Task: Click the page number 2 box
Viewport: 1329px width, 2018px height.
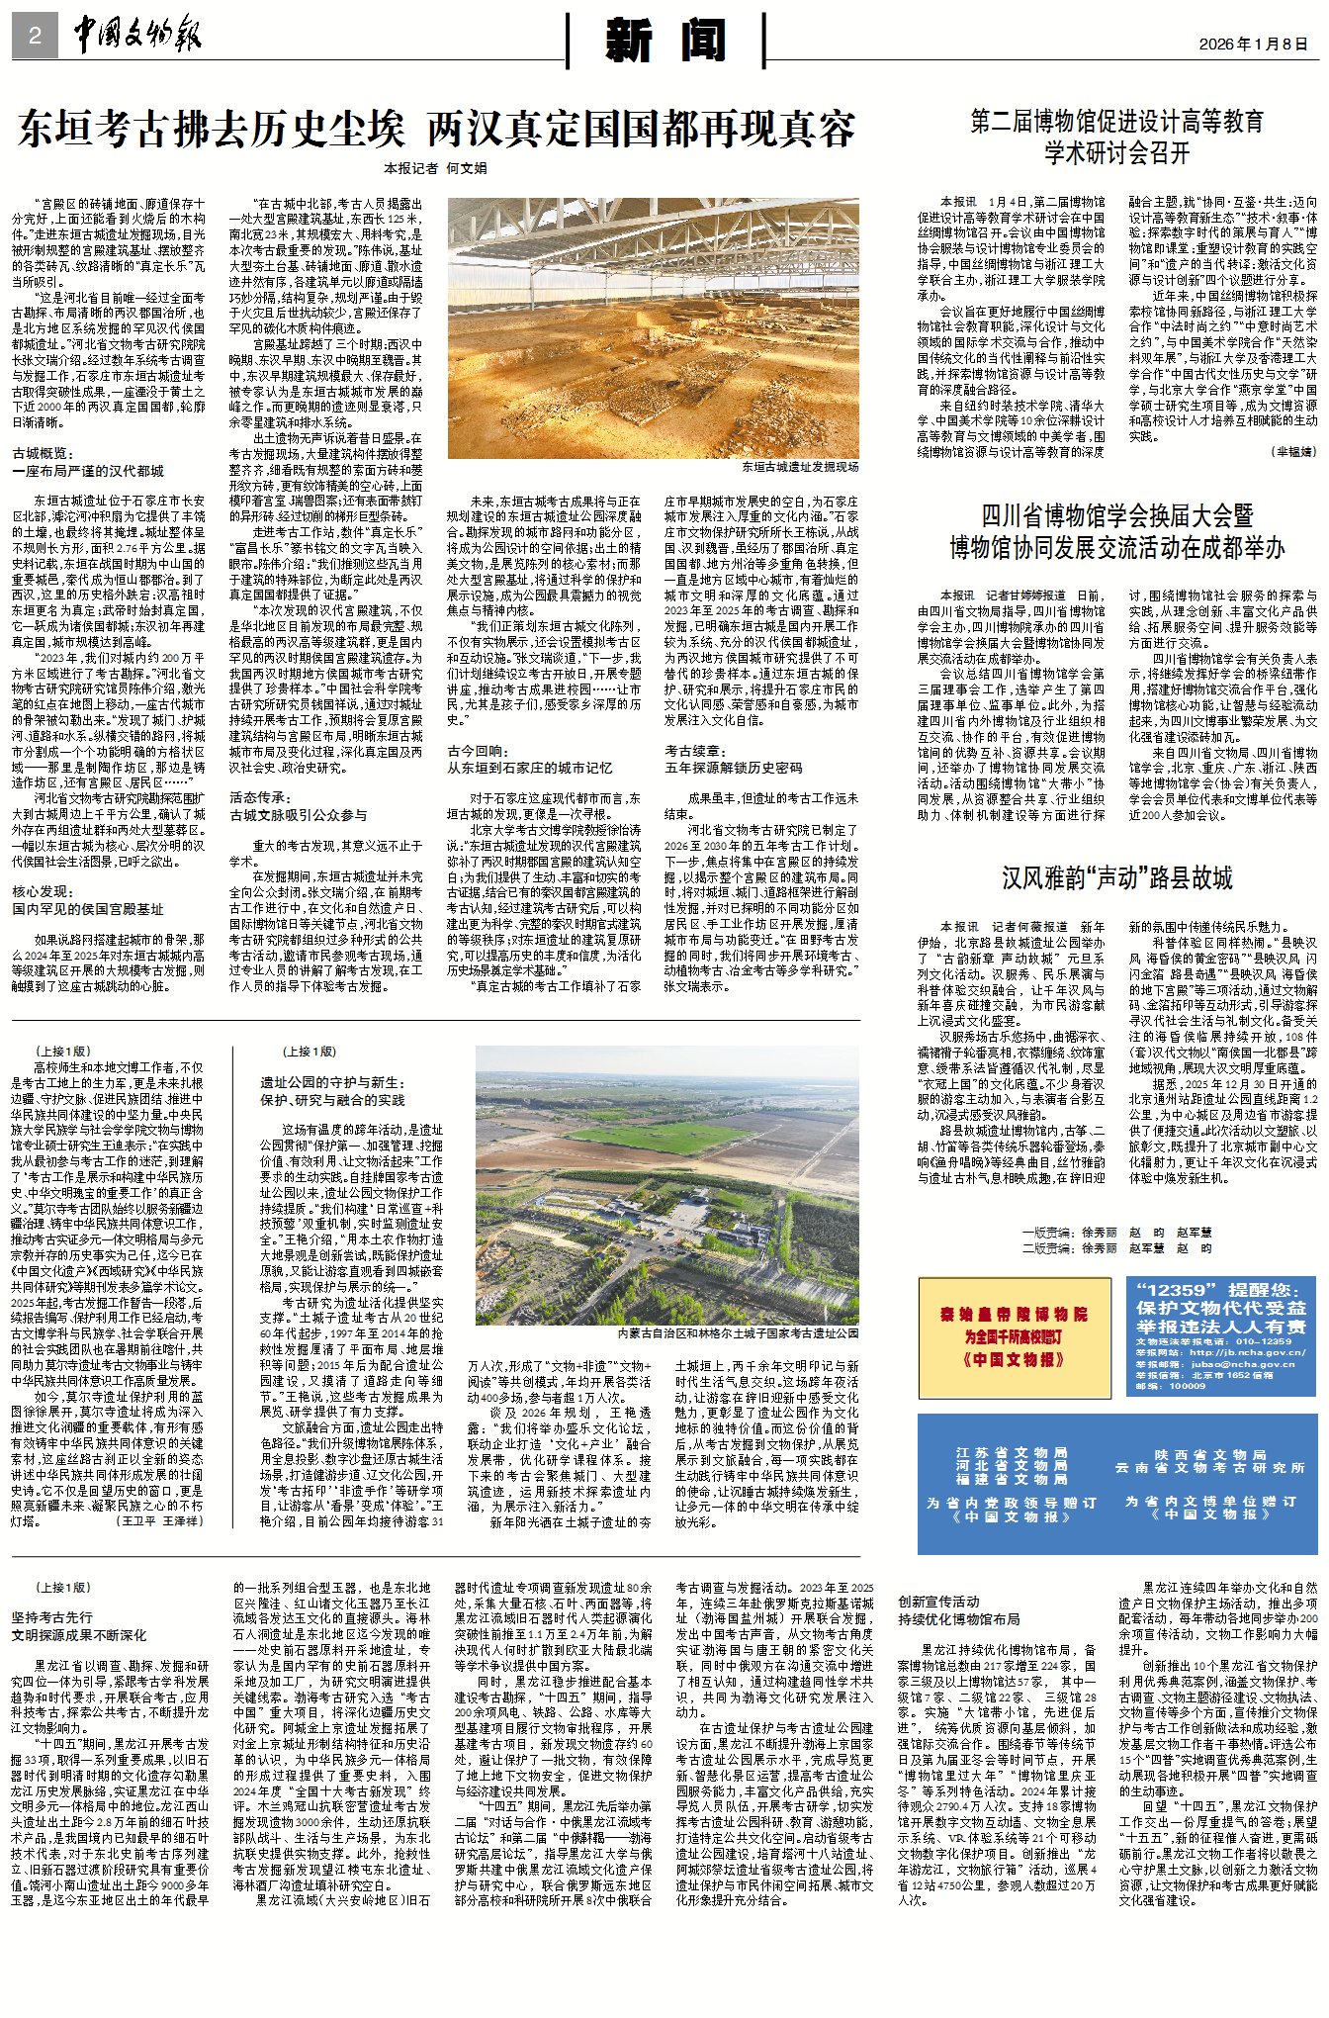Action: point(35,37)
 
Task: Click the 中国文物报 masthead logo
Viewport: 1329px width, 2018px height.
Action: point(137,36)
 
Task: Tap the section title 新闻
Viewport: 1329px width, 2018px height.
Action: point(665,41)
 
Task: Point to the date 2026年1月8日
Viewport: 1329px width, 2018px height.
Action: point(1253,45)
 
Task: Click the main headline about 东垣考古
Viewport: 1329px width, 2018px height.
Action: point(436,130)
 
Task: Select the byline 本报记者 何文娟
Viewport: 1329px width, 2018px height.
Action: point(436,169)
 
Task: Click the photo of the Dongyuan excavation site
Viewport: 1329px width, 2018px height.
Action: point(653,327)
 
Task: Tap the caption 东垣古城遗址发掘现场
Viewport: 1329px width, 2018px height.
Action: point(800,467)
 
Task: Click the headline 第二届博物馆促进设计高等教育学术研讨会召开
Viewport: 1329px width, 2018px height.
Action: point(1116,138)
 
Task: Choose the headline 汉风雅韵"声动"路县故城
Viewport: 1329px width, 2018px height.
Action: point(1116,878)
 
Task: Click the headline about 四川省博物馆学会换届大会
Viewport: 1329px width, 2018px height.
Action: point(1116,531)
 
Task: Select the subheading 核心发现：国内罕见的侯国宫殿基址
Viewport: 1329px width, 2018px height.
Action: point(88,900)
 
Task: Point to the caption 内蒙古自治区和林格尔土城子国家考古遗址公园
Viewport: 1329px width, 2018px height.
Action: point(738,1333)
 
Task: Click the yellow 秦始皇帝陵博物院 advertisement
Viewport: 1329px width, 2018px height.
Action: point(1015,1336)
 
